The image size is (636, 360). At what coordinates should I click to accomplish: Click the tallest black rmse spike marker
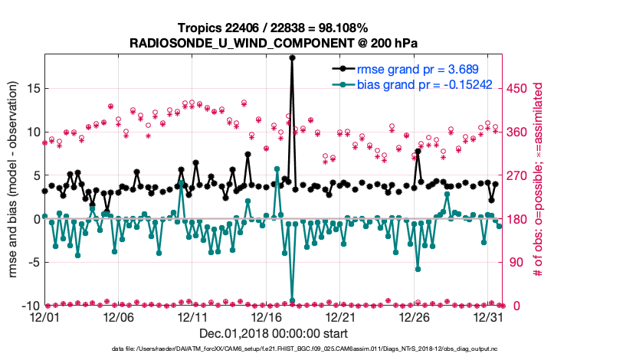[292, 57]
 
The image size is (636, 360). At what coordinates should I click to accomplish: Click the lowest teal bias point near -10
[292, 301]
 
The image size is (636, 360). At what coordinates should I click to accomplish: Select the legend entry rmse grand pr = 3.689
[415, 69]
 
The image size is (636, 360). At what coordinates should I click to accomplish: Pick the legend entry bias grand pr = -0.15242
[424, 83]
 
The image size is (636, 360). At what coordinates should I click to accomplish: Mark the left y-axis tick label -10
[28, 306]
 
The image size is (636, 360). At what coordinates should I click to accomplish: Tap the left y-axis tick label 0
[34, 219]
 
